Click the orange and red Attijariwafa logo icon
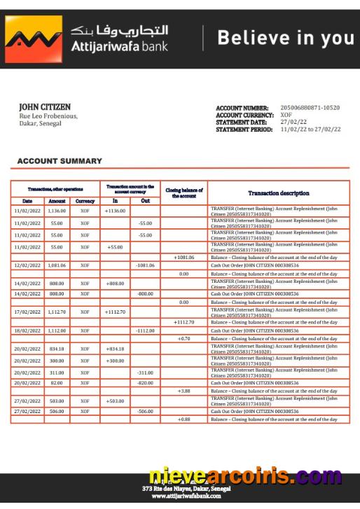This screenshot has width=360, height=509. (x=33, y=39)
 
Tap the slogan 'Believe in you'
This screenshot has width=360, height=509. (x=285, y=39)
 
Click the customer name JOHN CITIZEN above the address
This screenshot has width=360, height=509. (x=44, y=107)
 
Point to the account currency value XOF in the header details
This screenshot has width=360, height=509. (x=286, y=115)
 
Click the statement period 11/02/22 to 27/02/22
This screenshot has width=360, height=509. (x=310, y=129)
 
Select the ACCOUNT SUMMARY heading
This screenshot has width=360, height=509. (x=60, y=161)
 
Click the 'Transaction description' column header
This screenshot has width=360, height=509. (x=278, y=193)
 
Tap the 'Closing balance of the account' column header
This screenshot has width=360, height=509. (x=184, y=193)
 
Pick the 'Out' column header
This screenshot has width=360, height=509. (x=145, y=200)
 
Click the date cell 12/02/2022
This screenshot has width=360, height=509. (x=28, y=265)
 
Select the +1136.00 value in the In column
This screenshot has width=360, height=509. (x=115, y=211)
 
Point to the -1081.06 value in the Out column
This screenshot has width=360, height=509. (x=145, y=265)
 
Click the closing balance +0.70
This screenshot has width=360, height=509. (x=184, y=338)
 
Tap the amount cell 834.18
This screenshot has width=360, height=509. (x=57, y=349)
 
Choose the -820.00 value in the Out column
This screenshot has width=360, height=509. (x=145, y=383)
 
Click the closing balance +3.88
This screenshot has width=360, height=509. (x=184, y=391)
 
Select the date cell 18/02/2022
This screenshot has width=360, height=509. (x=28, y=330)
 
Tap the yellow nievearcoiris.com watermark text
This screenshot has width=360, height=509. (x=246, y=477)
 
